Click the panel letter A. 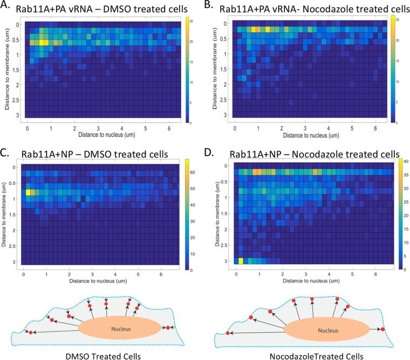pyautogui.click(x=7, y=7)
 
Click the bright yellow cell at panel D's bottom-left pyautogui.click(x=241, y=261)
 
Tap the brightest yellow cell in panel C pyautogui.click(x=29, y=192)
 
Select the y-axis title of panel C pyautogui.click(x=5, y=213)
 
